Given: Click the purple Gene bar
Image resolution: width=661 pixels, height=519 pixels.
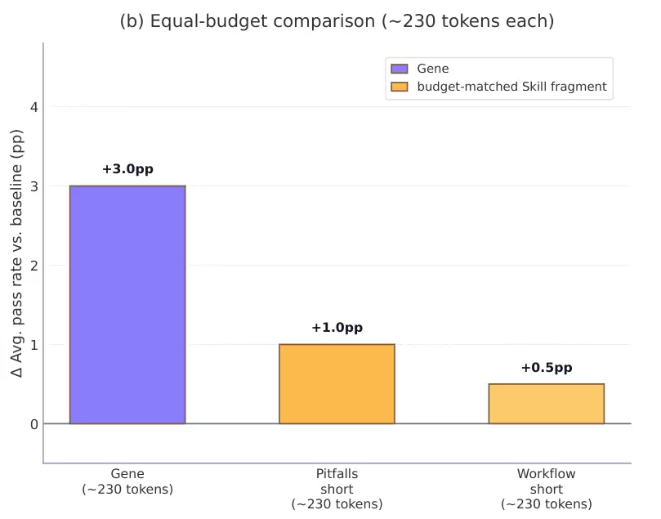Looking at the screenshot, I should pos(127,304).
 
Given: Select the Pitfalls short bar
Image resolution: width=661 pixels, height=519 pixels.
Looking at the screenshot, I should pos(337,383).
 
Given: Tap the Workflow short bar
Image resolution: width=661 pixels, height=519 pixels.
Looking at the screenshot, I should pos(546,403).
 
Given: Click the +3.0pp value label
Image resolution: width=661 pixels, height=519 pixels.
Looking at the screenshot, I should pos(127,169).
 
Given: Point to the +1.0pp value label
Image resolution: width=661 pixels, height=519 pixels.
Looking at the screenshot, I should pos(337,328).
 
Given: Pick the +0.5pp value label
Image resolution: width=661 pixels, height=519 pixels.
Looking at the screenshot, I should pos(546,368).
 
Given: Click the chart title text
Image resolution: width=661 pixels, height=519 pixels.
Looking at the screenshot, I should pos(337,22).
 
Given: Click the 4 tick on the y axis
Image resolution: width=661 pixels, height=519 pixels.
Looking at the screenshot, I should pos(33,106).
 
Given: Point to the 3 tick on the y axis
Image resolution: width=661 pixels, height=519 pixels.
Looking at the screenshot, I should pos(33,186).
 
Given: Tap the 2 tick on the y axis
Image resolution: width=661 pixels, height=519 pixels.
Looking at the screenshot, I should pos(33,265).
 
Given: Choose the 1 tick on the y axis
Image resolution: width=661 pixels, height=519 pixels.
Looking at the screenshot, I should pos(33,344).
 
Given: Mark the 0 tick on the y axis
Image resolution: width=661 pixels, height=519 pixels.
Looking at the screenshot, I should pos(33,423).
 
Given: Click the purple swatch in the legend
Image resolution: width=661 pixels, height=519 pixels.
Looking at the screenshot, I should pos(400,69).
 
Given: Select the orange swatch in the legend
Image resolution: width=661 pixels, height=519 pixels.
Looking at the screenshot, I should pos(400,87).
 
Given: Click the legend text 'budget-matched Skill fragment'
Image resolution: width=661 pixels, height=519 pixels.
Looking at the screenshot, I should pos(511,87).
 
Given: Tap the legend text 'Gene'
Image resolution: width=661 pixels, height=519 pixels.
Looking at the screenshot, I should pos(433,69).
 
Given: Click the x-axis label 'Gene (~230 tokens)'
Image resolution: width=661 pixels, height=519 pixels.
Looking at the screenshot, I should pos(127,481).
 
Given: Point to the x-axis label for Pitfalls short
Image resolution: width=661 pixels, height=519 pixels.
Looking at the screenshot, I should pos(337,489).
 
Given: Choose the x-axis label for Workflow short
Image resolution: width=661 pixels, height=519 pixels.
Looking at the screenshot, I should pos(546,489).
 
